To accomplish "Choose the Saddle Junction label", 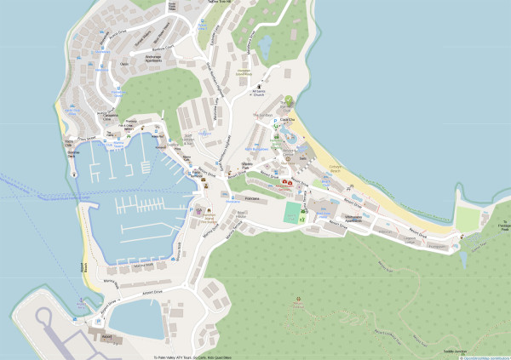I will [455, 351].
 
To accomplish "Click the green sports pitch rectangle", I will [293, 210].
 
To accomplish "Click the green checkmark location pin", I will [289, 101].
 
